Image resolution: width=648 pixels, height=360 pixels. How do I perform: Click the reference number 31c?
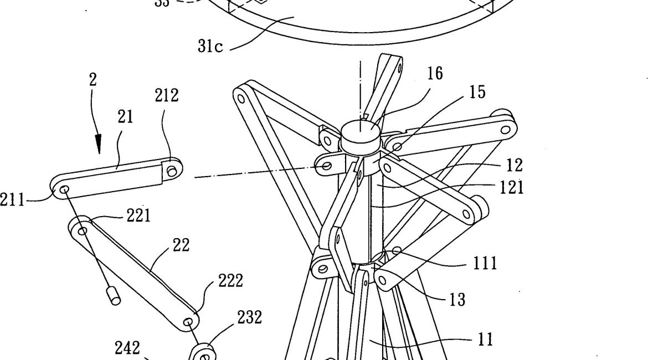(x=210, y=46)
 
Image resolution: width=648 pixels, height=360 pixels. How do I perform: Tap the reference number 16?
(x=435, y=74)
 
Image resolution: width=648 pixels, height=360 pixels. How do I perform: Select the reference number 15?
(x=477, y=92)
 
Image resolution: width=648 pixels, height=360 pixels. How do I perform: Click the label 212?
(x=167, y=96)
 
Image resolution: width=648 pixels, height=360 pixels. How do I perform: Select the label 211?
(x=13, y=199)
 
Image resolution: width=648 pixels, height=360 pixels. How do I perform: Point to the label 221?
(x=138, y=216)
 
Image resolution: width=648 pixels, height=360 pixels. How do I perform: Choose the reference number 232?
(x=249, y=317)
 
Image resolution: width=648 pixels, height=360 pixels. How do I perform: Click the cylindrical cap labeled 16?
(x=358, y=133)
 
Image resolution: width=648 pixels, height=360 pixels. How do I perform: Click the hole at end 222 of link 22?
(x=190, y=321)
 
